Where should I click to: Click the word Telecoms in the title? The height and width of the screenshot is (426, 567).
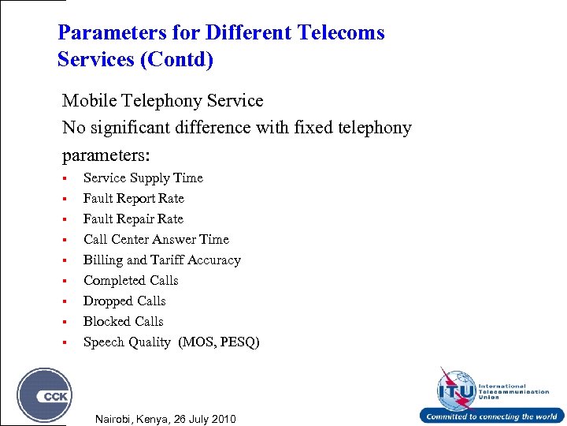point(340,32)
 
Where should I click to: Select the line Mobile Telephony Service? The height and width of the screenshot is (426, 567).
point(162,101)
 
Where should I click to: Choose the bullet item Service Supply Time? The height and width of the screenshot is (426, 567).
point(143,178)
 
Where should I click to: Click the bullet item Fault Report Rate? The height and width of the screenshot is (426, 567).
point(133,199)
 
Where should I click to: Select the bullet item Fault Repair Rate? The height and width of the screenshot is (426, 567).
point(133,219)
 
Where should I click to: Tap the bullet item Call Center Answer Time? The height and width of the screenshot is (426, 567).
point(156,240)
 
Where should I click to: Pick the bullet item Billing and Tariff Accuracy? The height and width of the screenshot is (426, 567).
point(161,260)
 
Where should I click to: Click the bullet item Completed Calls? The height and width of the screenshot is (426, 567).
point(131,281)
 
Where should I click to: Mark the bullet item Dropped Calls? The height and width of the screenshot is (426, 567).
point(124,301)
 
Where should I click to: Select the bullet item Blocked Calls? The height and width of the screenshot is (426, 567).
point(123,322)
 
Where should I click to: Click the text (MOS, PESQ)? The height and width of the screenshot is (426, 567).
point(219,342)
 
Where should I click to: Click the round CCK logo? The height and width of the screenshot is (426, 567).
point(45,395)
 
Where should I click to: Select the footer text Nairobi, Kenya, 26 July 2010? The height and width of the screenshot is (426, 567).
point(165,418)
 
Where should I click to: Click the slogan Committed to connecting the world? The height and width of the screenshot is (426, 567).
point(491,417)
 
